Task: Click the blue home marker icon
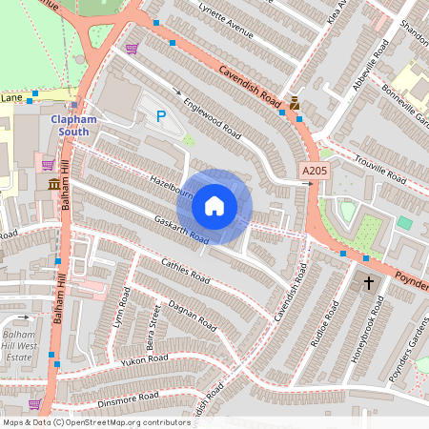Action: pyautogui.click(x=214, y=206)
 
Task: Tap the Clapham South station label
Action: pyautogui.click(x=74, y=126)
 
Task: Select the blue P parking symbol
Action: pyautogui.click(x=160, y=116)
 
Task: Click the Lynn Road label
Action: pyautogui.click(x=120, y=314)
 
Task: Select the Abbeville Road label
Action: pyautogui.click(x=373, y=67)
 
